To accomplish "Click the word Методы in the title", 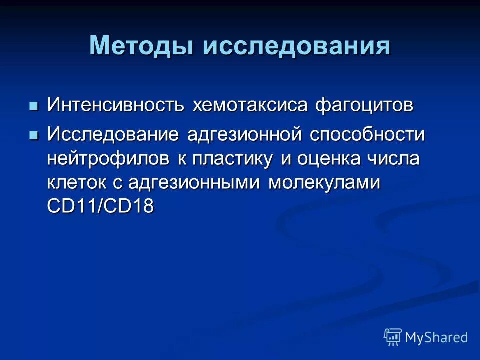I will click(142, 46).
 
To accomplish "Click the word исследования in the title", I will click(296, 46).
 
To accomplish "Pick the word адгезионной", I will click(245, 135).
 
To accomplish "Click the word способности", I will click(367, 135).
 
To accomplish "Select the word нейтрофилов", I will click(108, 159).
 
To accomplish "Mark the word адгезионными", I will click(195, 183).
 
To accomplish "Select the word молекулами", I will click(325, 183).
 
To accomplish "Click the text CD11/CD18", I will click(100, 206).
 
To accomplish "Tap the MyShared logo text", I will click(436, 338).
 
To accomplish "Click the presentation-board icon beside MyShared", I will click(393, 337).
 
